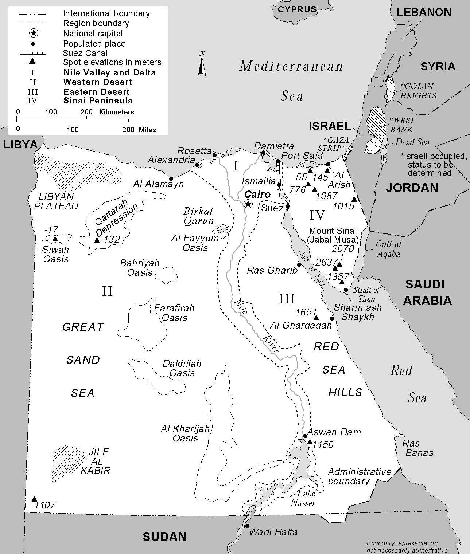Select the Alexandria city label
pos(171,160)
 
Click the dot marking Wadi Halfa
pos(247,526)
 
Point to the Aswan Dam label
pos(334,432)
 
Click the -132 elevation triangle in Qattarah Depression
pos(97,240)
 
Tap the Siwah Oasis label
pos(56,254)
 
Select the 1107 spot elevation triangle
pos(34,499)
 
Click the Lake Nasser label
pos(303,498)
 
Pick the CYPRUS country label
pos(297,9)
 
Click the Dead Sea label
pos(412,142)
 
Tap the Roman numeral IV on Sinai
pos(317,215)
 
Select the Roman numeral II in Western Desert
pos(107,291)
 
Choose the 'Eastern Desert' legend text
pos(96,92)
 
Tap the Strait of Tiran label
pos(366,294)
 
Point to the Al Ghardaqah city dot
pos(332,318)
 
